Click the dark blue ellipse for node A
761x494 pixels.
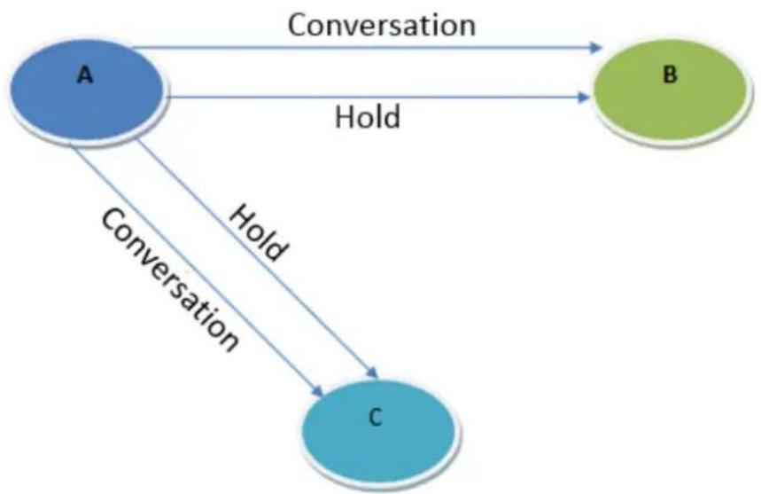pyautogui.click(x=89, y=90)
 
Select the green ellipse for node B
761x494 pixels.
pyautogui.click(x=672, y=92)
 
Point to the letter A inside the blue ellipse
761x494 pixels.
pyautogui.click(x=85, y=75)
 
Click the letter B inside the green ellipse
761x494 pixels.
pyautogui.click(x=670, y=74)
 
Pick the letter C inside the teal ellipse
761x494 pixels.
pyautogui.click(x=375, y=417)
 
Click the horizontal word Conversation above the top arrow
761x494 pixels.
pyautogui.click(x=382, y=25)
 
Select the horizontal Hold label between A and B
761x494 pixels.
pyautogui.click(x=368, y=116)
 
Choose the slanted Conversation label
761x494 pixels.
pyautogui.click(x=169, y=279)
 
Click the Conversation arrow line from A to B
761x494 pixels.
pyautogui.click(x=366, y=48)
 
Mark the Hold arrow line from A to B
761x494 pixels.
pyautogui.click(x=378, y=98)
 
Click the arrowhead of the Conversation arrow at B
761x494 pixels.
pyautogui.click(x=595, y=48)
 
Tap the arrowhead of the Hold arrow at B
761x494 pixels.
pyautogui.click(x=584, y=98)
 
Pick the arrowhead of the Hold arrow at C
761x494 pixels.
pyautogui.click(x=372, y=373)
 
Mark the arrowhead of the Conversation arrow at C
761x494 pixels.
pyautogui.click(x=318, y=391)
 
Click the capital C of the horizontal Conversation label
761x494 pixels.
pyautogui.click(x=297, y=25)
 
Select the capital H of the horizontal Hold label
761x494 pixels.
pyautogui.click(x=344, y=116)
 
